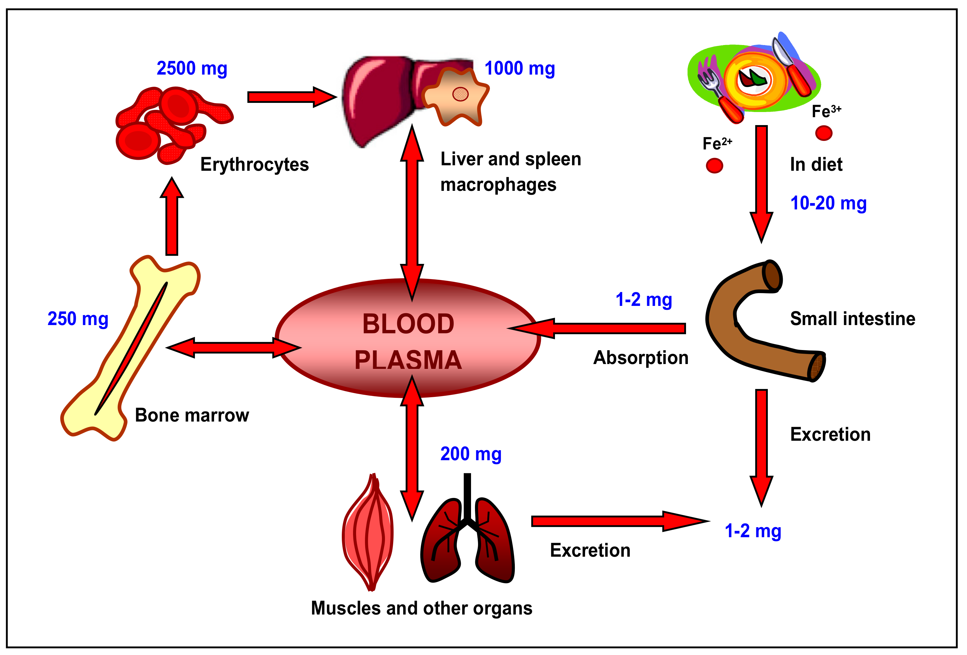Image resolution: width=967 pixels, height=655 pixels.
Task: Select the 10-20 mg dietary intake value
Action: (x=828, y=203)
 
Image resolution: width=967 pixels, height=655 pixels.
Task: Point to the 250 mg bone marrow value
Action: (x=78, y=319)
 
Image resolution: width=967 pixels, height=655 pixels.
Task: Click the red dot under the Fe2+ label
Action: (x=714, y=166)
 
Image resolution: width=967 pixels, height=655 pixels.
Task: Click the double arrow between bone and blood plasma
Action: (x=233, y=348)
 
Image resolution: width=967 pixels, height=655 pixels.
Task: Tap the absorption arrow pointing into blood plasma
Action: (x=599, y=328)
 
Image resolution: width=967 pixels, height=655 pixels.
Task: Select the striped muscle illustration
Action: (x=368, y=533)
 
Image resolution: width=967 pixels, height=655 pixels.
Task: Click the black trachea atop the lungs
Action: (x=467, y=496)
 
